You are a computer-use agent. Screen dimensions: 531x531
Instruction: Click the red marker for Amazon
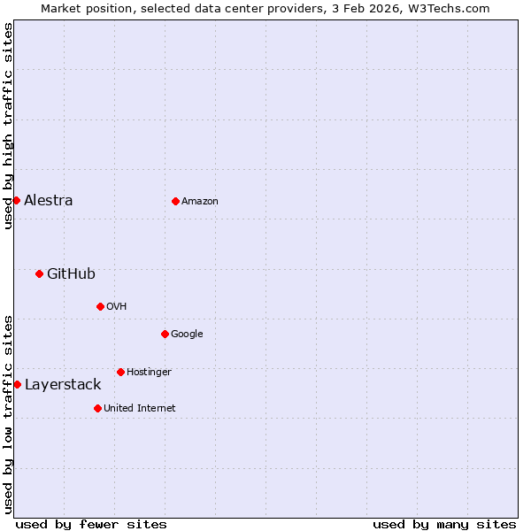pyautogui.click(x=175, y=201)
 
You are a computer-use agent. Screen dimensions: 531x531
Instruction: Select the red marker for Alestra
pyautogui.click(x=16, y=200)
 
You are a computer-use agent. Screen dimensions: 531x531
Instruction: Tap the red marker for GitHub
pyautogui.click(x=39, y=273)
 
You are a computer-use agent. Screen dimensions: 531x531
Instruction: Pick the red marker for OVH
pyautogui.click(x=100, y=306)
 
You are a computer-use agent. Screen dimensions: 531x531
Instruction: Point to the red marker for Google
pyautogui.click(x=165, y=334)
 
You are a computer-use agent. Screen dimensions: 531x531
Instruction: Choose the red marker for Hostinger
pyautogui.click(x=120, y=372)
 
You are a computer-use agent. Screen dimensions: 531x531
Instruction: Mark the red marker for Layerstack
pyautogui.click(x=17, y=384)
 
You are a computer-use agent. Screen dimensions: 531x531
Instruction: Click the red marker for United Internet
pyautogui.click(x=97, y=408)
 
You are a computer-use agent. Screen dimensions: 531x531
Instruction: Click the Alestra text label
pyautogui.click(x=49, y=200)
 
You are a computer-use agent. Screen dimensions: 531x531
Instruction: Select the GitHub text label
pyautogui.click(x=71, y=273)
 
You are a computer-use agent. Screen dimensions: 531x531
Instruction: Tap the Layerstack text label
pyautogui.click(x=63, y=384)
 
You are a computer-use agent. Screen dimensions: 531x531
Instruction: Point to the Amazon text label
pyautogui.click(x=200, y=201)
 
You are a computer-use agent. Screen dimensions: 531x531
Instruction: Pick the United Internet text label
pyautogui.click(x=140, y=408)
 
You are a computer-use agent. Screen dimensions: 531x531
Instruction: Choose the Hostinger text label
pyautogui.click(x=149, y=372)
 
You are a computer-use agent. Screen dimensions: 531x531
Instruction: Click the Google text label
pyautogui.click(x=187, y=334)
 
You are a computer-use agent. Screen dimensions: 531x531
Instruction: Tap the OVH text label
pyautogui.click(x=116, y=306)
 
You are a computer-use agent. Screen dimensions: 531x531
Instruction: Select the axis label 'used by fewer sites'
pyautogui.click(x=91, y=524)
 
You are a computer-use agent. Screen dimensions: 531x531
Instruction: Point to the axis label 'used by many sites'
pyautogui.click(x=444, y=524)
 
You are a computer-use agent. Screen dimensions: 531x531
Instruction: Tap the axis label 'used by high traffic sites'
pyautogui.click(x=8, y=126)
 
